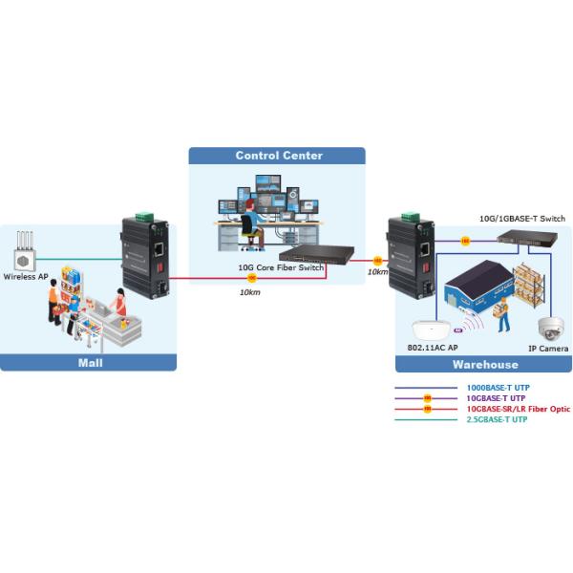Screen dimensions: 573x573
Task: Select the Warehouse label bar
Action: (484, 364)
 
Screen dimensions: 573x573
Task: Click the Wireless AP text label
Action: (27, 278)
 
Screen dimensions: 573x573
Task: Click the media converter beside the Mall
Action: (145, 256)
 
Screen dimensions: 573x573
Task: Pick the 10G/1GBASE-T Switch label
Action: (522, 219)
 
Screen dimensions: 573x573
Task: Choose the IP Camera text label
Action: (549, 350)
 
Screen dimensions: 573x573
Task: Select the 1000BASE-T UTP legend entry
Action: (496, 388)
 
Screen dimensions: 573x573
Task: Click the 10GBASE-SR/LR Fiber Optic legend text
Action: (518, 409)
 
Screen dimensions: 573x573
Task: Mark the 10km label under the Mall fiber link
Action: (250, 292)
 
